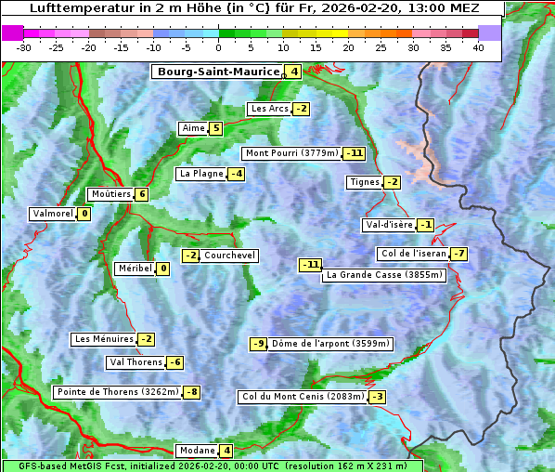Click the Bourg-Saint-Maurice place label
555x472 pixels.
(218, 72)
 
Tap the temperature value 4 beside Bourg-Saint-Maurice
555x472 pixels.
(293, 72)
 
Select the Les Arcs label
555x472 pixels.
(269, 109)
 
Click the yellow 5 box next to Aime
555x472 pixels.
(215, 128)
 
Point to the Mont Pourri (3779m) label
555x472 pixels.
(291, 153)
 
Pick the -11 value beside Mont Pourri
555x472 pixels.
(354, 153)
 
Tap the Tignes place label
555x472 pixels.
(363, 182)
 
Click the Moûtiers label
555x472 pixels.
(110, 194)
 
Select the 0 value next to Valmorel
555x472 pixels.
(84, 214)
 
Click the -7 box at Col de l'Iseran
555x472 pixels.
(458, 254)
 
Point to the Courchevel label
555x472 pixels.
(229, 256)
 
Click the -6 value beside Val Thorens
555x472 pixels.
(174, 362)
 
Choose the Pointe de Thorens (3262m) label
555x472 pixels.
(117, 392)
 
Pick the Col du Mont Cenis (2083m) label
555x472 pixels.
(301, 397)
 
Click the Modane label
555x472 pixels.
(197, 451)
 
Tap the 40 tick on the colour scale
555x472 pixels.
(478, 47)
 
